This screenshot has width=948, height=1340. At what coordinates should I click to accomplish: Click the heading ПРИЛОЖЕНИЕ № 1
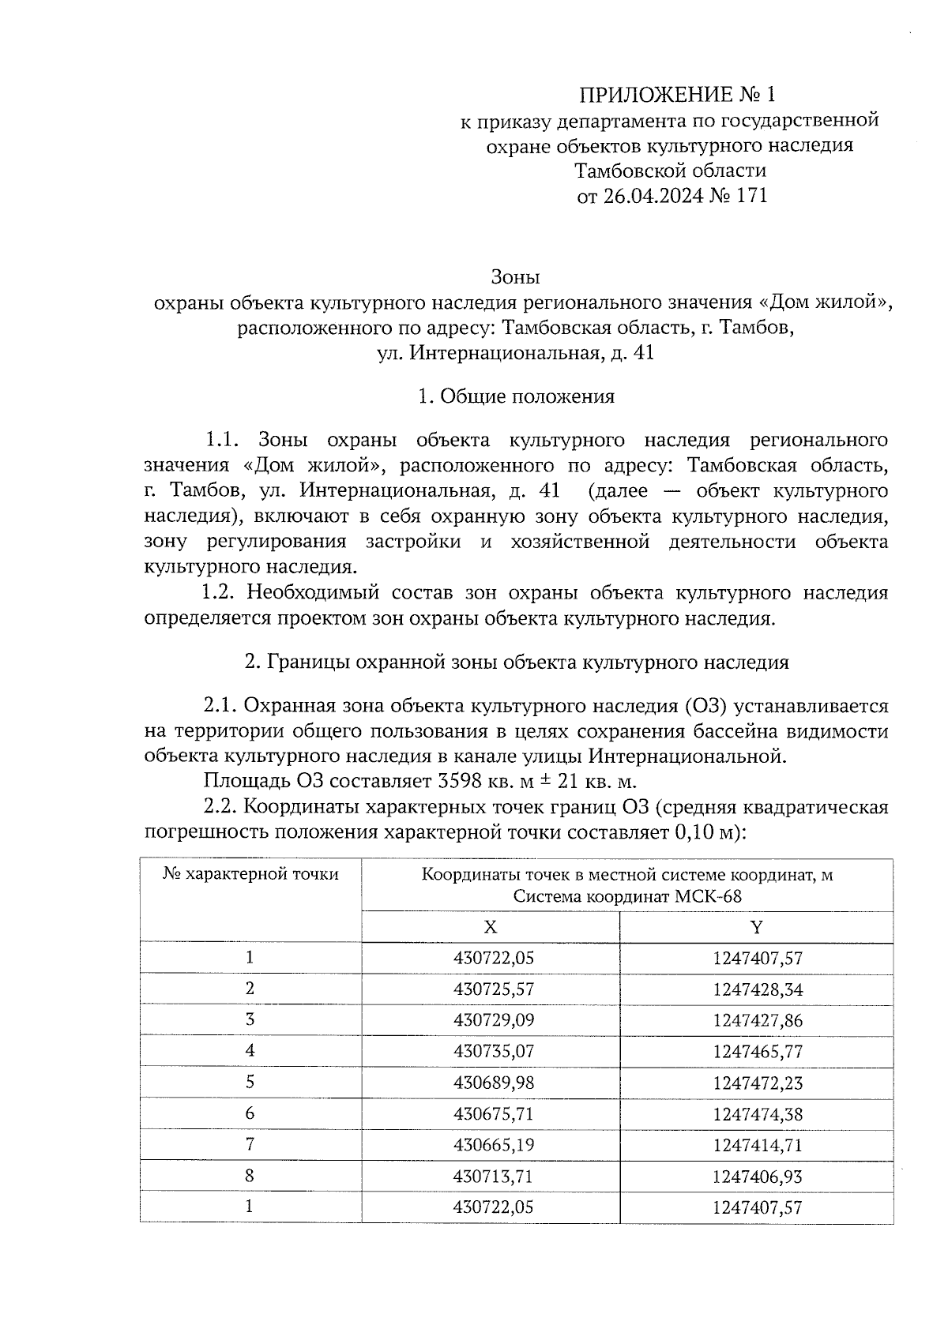click(x=677, y=96)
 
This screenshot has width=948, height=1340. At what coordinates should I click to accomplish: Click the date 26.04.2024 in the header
click(x=652, y=196)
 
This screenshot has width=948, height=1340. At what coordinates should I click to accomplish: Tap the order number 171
click(x=751, y=196)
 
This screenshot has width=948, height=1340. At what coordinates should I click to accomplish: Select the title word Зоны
click(x=515, y=277)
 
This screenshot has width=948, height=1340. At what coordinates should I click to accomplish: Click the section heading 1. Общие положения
click(x=516, y=396)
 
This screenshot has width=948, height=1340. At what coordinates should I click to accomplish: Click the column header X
click(x=491, y=927)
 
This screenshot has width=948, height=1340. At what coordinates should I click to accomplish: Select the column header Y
click(x=757, y=927)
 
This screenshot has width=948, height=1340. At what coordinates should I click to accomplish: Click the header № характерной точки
click(x=250, y=875)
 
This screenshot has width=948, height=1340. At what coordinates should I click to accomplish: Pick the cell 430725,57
click(x=494, y=989)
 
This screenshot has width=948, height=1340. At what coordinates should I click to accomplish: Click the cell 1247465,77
click(x=757, y=1052)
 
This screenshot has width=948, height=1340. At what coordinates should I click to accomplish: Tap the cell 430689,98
click(x=494, y=1083)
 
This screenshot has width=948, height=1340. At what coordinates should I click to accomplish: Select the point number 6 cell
click(x=250, y=1113)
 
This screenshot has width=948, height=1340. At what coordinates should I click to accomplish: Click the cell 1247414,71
click(x=757, y=1145)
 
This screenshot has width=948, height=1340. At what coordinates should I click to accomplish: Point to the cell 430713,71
click(x=494, y=1177)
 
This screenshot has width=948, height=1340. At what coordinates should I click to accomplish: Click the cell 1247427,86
click(x=757, y=1020)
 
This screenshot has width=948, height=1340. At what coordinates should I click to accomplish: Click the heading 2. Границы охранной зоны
click(x=516, y=662)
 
